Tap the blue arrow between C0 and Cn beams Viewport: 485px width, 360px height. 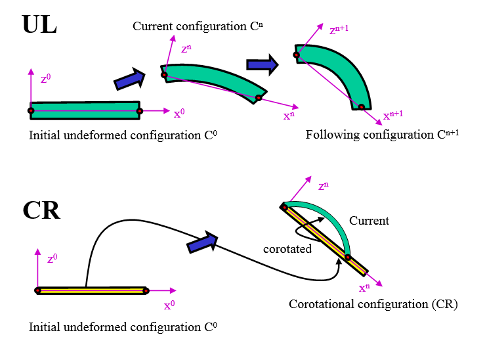(129, 79)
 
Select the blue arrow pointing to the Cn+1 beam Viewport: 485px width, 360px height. (263, 64)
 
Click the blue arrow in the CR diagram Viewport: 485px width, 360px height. (203, 242)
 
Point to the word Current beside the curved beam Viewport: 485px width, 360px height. (369, 221)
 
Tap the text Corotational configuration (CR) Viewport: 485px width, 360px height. (373, 304)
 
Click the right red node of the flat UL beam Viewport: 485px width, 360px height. (139, 111)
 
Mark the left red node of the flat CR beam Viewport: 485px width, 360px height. (38, 290)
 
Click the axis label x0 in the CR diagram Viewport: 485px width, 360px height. (169, 305)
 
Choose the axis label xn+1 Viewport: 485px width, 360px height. (391, 115)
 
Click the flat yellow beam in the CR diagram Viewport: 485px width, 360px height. (92, 290)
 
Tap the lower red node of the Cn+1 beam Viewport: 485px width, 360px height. (360, 107)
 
